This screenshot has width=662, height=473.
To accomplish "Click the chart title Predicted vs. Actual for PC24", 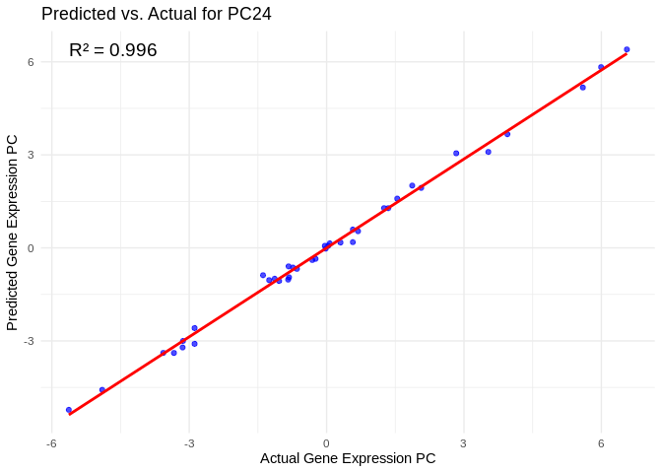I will coord(156,14).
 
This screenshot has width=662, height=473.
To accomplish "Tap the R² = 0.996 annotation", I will coord(112,50).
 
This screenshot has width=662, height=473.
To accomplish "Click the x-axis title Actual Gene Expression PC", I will coord(348,458).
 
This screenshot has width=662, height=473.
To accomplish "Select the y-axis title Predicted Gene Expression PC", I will coord(13,233).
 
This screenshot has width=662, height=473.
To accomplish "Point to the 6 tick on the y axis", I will coord(31,62).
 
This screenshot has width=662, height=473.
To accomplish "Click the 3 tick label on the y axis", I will coord(31,155).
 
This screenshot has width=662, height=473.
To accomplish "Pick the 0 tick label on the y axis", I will coord(31,248).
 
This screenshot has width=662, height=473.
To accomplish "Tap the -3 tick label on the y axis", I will coord(28,341).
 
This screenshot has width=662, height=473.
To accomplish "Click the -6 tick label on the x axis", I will coord(51,443).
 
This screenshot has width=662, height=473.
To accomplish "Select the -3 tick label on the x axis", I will coord(188,443).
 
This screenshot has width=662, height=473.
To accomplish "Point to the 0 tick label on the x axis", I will coord(326,443).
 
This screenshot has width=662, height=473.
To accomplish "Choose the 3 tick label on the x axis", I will coord(463,443).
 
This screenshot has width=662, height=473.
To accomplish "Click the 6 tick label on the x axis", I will coord(601,443).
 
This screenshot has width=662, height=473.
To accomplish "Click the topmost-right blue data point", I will coord(627,49).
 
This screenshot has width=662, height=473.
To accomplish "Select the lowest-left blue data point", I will coord(69,410).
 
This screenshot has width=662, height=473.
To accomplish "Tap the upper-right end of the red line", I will coord(627,54).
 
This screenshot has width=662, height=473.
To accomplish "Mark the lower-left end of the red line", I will coord(69,415).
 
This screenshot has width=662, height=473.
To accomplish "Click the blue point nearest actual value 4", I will coord(507,134).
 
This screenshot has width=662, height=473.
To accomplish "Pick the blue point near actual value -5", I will coord(102,390).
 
